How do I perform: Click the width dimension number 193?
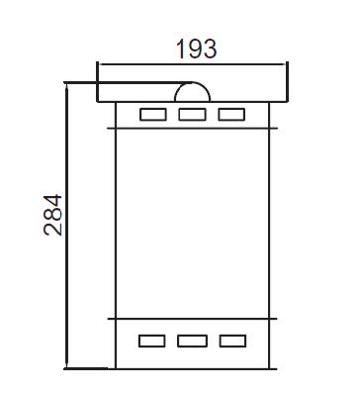[x=197, y=49]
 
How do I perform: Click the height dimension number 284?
[x=52, y=215]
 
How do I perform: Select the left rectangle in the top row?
[x=153, y=115]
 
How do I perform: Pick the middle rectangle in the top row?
[x=193, y=115]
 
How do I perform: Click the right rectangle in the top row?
[x=231, y=115]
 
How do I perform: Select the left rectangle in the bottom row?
[x=152, y=341]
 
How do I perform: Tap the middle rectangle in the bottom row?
[x=193, y=341]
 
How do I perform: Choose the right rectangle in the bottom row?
[x=232, y=341]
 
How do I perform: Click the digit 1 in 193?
[x=181, y=49]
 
